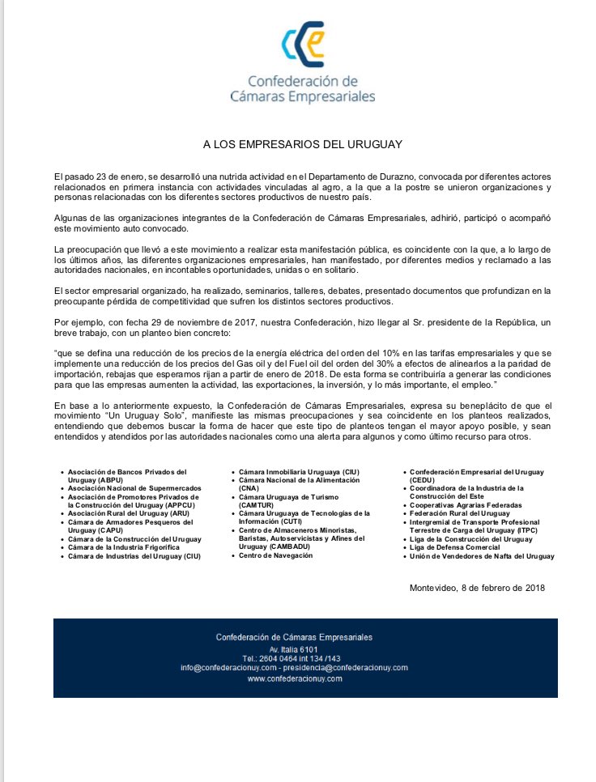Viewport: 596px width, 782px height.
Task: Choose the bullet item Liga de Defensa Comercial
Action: [455, 547]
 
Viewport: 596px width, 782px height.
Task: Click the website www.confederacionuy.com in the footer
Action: [294, 678]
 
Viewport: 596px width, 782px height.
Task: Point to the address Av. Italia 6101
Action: [294, 649]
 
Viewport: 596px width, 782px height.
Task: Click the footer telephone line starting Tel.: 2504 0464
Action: [294, 658]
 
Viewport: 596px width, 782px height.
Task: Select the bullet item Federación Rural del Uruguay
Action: [459, 513]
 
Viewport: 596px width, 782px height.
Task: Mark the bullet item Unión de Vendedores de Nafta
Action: [482, 556]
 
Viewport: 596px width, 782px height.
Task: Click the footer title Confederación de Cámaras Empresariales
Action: [294, 637]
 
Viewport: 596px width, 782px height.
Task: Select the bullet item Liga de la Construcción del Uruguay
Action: [470, 538]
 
